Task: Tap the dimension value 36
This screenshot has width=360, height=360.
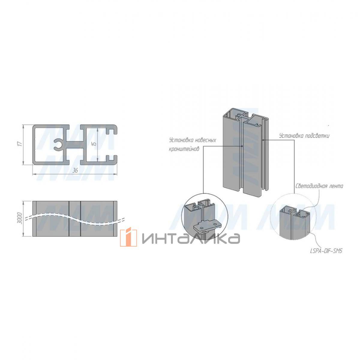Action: [x=75, y=170]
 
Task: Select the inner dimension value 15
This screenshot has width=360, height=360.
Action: [x=95, y=144]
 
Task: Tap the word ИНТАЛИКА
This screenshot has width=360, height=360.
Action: [x=191, y=238]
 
